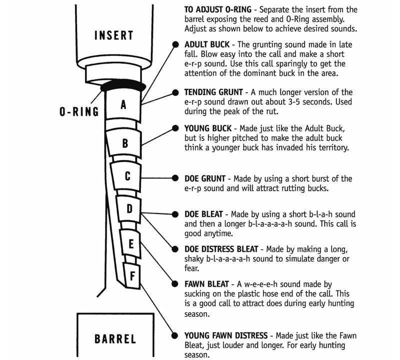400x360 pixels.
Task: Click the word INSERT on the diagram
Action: pyautogui.click(x=114, y=35)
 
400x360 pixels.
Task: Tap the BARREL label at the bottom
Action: pyautogui.click(x=115, y=338)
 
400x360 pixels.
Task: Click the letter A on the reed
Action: pyautogui.click(x=123, y=104)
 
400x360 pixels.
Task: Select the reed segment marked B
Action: pyautogui.click(x=125, y=143)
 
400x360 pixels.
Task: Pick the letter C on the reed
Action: pyautogui.click(x=127, y=176)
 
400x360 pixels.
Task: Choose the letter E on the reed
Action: pyautogui.click(x=131, y=244)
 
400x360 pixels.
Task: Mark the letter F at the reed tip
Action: pyautogui.click(x=132, y=274)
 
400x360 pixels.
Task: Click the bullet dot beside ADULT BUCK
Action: pyautogui.click(x=175, y=44)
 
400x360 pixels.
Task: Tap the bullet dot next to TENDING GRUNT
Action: pyautogui.click(x=175, y=92)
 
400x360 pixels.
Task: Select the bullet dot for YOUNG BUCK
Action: pyautogui.click(x=175, y=128)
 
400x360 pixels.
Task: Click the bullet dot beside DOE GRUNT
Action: pyautogui.click(x=175, y=178)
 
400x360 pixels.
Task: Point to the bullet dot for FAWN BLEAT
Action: pyautogui.click(x=175, y=284)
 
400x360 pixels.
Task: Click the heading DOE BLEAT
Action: pyautogui.click(x=204, y=214)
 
